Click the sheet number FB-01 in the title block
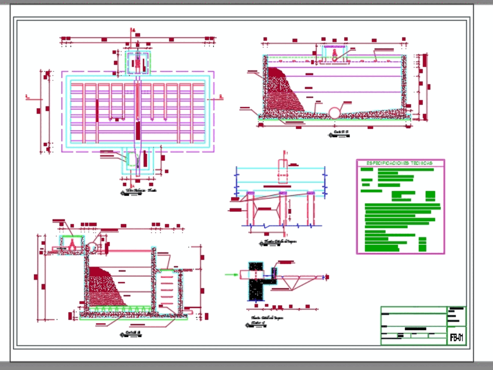pos(457,338)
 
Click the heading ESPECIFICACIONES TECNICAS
pos(400,163)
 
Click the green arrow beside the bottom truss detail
pos(230,275)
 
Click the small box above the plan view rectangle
pos(138,63)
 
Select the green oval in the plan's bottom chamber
pos(133,159)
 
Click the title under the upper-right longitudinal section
pos(341,132)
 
